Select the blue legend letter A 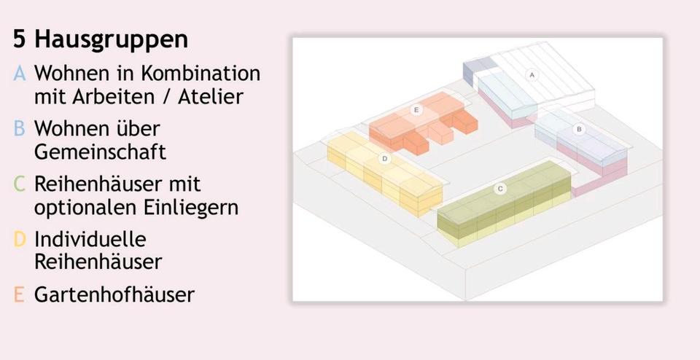pos(20,74)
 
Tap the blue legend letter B pos(20,129)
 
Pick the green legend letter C pos(20,184)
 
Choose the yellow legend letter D pos(20,239)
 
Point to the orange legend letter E pos(20,294)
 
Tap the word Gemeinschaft pos(100,152)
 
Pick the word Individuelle pos(90,239)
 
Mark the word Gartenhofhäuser pos(114,294)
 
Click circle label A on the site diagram pos(532,75)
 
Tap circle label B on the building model pos(580,129)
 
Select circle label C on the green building pos(500,189)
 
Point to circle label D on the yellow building pos(384,158)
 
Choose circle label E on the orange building pos(416,110)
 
